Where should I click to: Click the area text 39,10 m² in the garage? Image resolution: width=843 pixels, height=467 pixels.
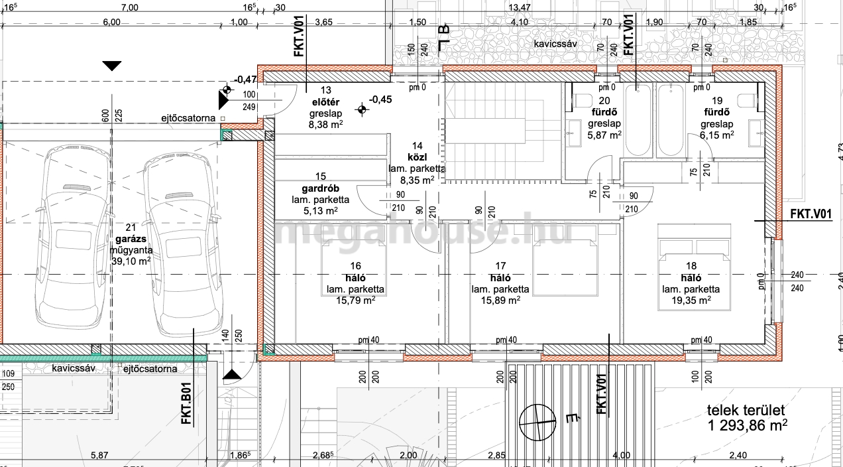click(x=131, y=261)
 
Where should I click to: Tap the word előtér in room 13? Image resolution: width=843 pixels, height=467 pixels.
click(x=325, y=102)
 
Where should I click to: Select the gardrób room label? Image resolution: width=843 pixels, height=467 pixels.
click(x=320, y=188)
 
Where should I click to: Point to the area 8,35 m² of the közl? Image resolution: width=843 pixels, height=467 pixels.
click(x=417, y=180)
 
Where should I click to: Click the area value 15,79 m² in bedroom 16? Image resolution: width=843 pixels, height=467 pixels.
click(x=355, y=300)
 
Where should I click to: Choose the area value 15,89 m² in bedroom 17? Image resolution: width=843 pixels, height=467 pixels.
click(x=500, y=300)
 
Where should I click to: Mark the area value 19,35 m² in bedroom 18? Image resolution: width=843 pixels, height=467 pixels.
click(x=691, y=300)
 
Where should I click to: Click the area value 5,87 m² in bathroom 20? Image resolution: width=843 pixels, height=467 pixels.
click(x=604, y=135)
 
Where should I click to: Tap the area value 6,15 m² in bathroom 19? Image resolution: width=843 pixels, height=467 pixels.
click(x=717, y=135)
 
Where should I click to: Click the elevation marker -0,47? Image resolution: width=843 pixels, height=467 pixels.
click(x=245, y=80)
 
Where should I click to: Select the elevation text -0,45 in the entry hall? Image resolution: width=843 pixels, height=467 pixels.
click(x=380, y=100)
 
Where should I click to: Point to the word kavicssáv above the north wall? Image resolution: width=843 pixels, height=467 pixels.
click(x=555, y=44)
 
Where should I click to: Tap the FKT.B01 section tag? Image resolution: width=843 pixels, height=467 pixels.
click(x=187, y=403)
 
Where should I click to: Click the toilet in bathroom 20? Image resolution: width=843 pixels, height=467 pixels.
click(x=582, y=101)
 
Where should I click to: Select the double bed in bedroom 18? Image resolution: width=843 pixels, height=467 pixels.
click(x=695, y=267)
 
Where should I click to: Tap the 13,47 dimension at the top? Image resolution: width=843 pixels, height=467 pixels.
click(x=520, y=7)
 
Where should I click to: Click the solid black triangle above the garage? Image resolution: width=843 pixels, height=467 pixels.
click(x=112, y=66)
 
